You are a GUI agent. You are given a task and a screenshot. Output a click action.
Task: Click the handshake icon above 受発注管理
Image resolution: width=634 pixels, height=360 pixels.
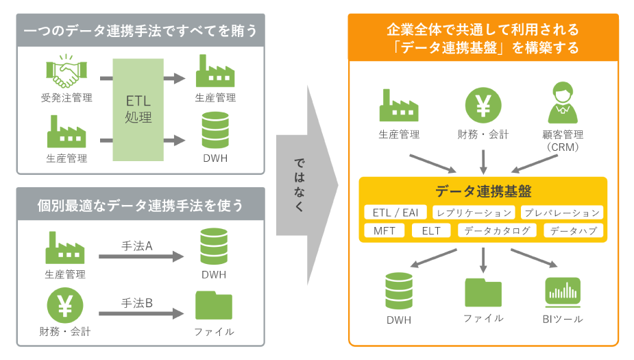click(66, 71)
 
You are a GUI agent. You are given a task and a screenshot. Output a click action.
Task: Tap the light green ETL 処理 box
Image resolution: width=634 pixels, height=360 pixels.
click(138, 109)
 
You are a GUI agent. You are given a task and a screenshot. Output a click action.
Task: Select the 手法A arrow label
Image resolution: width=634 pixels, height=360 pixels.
click(137, 245)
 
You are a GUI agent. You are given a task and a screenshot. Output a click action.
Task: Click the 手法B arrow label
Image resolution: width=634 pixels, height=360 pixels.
click(137, 302)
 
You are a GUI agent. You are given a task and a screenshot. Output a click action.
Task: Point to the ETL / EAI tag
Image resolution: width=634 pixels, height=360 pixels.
click(396, 213)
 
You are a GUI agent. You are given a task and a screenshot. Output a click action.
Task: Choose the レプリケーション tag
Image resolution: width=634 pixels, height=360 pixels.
click(474, 213)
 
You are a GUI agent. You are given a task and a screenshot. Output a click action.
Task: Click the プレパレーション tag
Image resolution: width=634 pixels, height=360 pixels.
click(562, 213)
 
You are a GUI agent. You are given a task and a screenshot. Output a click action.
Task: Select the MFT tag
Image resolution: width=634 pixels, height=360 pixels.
click(385, 230)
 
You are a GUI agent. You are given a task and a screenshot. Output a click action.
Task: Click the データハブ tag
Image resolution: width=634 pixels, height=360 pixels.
click(573, 230)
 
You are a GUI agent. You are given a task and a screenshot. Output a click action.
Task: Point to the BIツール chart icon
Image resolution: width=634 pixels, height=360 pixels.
click(562, 291)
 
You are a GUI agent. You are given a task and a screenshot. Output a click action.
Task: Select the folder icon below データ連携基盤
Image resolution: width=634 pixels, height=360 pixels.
click(483, 292)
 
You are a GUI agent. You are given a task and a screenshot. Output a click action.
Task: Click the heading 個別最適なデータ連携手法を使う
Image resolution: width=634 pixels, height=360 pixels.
click(141, 205)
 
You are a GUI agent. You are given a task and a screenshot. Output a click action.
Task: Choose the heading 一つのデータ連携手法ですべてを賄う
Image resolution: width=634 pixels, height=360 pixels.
click(141, 31)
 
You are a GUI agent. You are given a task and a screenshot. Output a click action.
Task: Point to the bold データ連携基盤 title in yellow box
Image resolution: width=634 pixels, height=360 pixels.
click(483, 192)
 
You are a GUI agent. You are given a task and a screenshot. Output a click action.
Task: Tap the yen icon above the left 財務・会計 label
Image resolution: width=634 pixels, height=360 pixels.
click(65, 305)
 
